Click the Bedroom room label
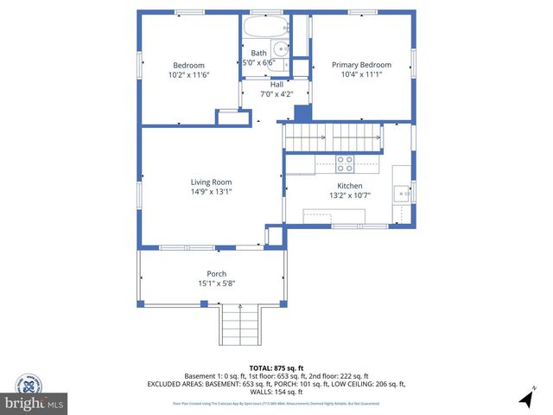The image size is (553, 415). pos(188,66)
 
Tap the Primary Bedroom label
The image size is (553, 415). pos(361,65)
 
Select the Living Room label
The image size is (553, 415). pos(211,182)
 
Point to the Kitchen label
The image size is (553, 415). pos(350,186)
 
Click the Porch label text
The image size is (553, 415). pos(216,274)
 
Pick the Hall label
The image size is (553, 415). pos(276,85)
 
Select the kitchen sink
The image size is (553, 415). pos(402,193)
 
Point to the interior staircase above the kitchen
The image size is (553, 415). pos(334,137)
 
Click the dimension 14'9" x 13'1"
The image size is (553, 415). pos(211,193)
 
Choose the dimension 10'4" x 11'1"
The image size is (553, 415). pos(361,75)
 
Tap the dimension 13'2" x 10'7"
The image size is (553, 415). pos(350,196)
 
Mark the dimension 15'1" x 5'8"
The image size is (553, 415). pos(216,284)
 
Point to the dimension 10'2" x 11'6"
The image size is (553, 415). pos(188,76)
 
